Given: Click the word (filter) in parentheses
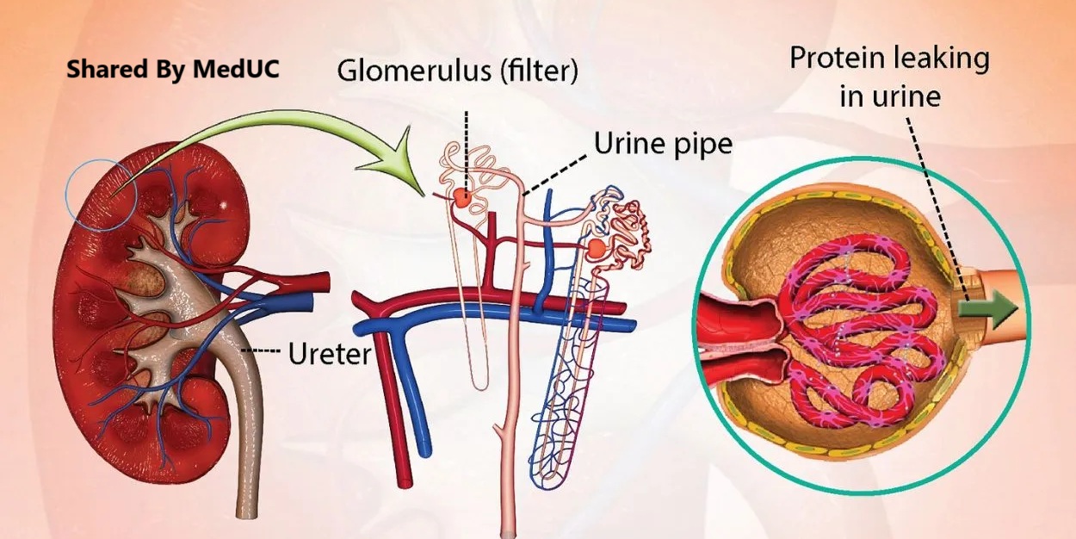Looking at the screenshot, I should point(537,70).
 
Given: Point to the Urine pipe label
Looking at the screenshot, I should point(663,143).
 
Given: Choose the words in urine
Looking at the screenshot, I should point(889,96).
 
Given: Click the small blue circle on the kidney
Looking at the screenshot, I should point(100,195).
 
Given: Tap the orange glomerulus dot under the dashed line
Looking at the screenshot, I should point(463,200).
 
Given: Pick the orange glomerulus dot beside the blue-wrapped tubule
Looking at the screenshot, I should point(596,250).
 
